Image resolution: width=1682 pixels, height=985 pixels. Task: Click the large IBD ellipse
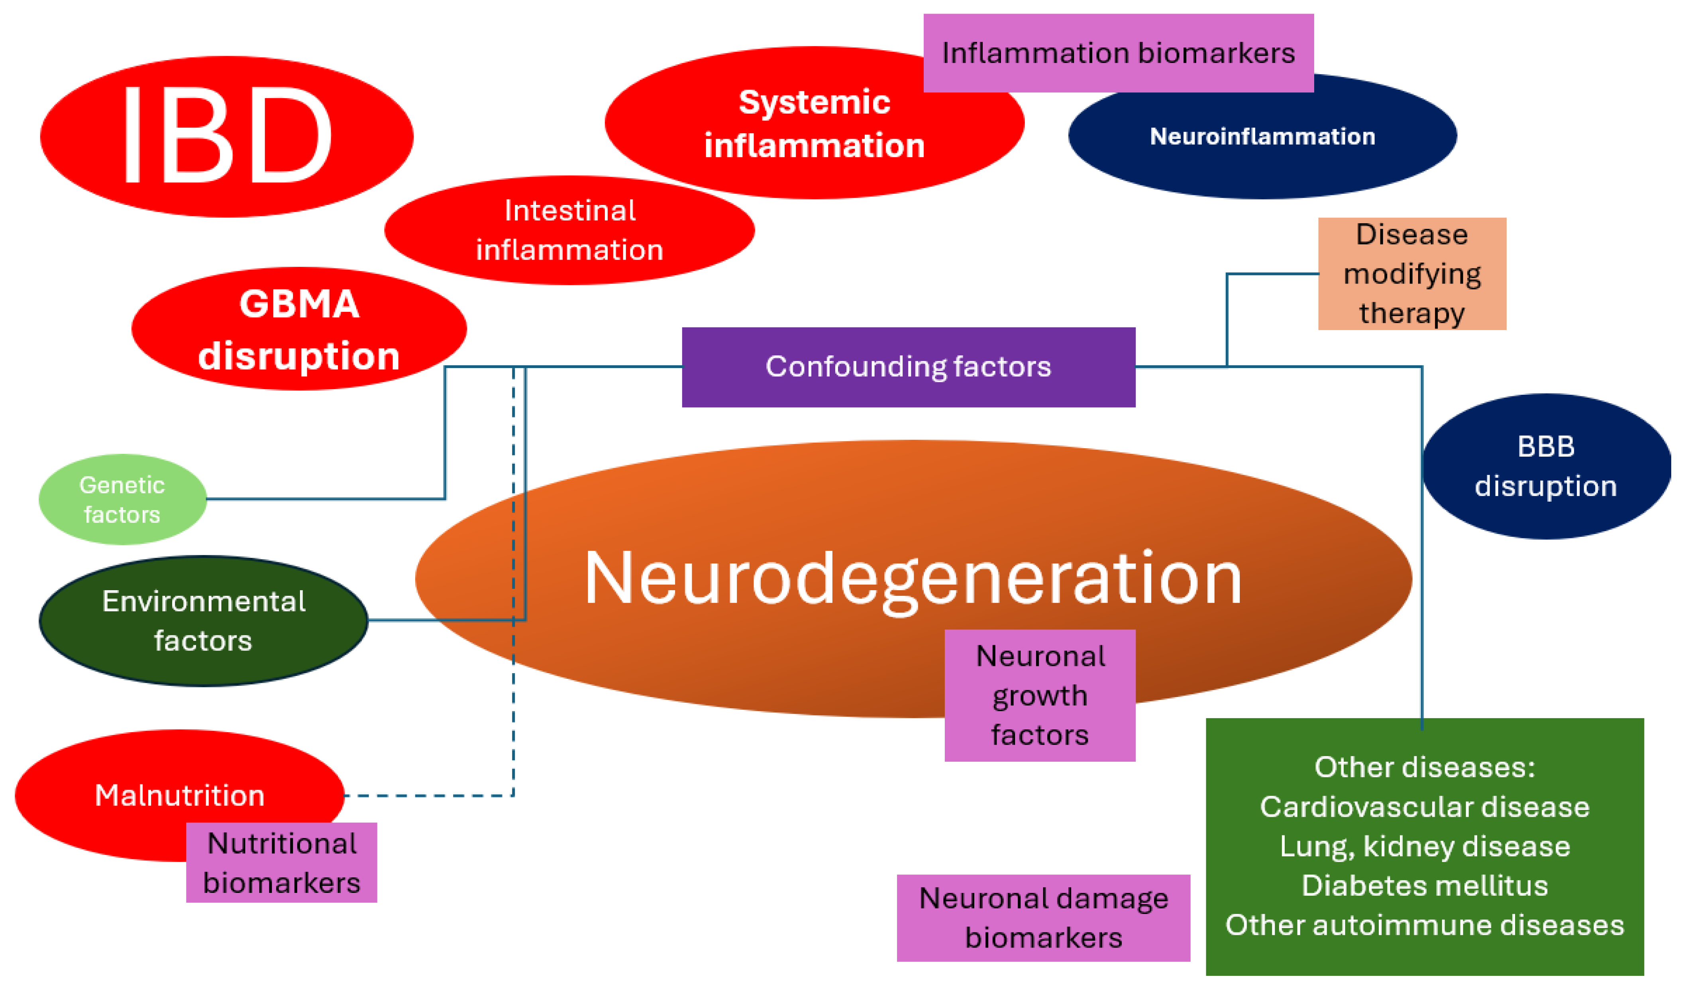pos(227,137)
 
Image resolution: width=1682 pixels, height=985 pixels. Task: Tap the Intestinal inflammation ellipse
pos(570,230)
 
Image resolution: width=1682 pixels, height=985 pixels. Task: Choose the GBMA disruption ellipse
pos(299,329)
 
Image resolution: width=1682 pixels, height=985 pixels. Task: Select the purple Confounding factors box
pos(909,367)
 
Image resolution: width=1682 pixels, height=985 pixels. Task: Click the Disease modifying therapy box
pos(1412,274)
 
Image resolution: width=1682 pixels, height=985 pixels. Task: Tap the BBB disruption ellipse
pos(1547,466)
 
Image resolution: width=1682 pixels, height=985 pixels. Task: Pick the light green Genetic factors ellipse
pos(123,500)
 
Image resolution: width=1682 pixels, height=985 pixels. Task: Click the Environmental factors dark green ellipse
pos(204,621)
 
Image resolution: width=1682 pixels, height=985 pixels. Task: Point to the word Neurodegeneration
pos(913,578)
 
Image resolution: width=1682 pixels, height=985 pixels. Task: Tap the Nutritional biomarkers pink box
pos(282,863)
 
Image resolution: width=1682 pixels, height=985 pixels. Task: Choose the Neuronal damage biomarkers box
pos(1044,918)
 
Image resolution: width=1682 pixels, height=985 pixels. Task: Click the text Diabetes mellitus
pos(1425,885)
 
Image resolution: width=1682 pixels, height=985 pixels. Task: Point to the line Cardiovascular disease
pos(1425,807)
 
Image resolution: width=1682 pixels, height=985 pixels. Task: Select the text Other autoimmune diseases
pos(1425,925)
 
